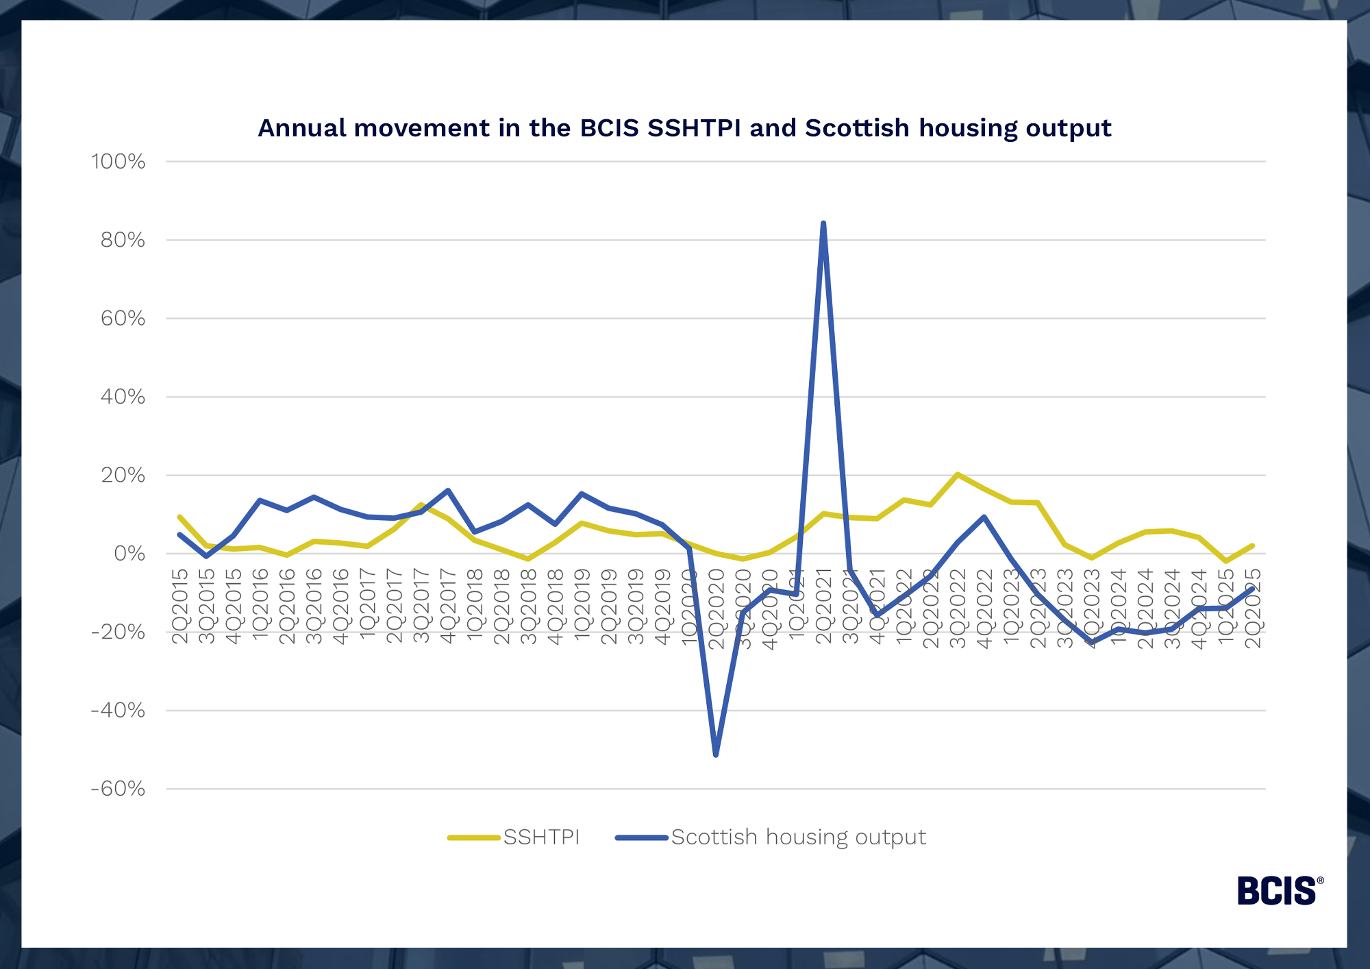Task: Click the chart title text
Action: (x=684, y=128)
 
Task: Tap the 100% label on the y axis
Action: (x=119, y=162)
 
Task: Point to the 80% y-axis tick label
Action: (x=123, y=240)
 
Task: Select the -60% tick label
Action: (x=119, y=789)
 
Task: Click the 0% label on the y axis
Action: (x=129, y=554)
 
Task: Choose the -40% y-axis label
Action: (x=119, y=711)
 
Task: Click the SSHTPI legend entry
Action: (x=514, y=837)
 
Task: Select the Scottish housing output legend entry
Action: (x=771, y=837)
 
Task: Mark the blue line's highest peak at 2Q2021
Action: (x=823, y=223)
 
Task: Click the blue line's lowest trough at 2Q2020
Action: (x=716, y=755)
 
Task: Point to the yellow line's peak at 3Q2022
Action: (x=957, y=474)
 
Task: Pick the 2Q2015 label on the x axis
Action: (x=179, y=606)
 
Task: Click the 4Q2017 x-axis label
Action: (x=448, y=606)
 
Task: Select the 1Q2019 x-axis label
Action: (x=582, y=606)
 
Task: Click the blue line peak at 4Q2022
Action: (x=984, y=517)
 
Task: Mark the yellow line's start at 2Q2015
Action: (x=179, y=517)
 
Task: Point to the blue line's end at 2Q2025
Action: (x=1253, y=589)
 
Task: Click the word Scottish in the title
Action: (x=857, y=128)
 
